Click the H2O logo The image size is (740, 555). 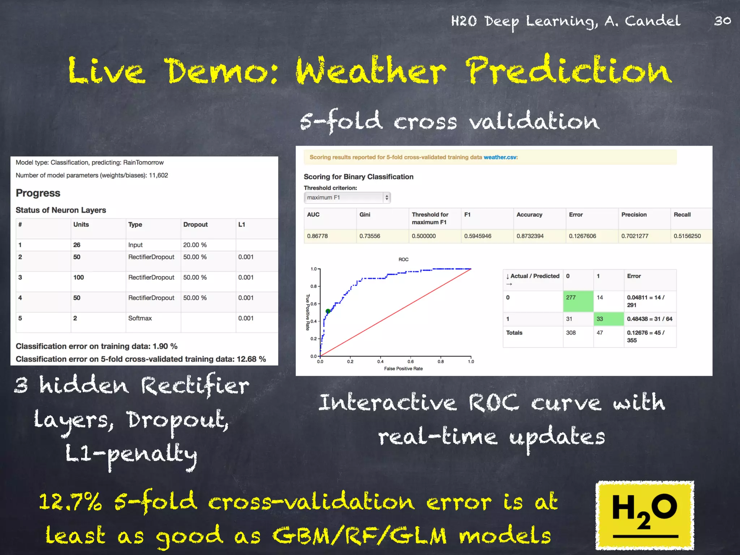coord(645,515)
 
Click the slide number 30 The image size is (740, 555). coord(723,21)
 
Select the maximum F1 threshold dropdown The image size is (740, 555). coord(347,198)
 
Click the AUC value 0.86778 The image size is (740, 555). coord(317,236)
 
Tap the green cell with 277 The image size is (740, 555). coord(578,301)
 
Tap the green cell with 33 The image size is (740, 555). coord(608,319)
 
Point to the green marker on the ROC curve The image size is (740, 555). coord(328,311)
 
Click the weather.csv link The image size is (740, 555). coord(500,157)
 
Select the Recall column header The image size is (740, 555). coord(682,215)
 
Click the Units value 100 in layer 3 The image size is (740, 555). coord(78,277)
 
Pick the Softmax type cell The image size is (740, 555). coord(140,318)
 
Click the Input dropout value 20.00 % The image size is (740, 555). coord(195,245)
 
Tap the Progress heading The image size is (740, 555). coord(38,193)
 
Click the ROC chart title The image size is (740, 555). coord(403,259)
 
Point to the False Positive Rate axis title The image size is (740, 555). coord(403,369)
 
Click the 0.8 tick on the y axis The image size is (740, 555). coord(313,287)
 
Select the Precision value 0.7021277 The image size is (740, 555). coord(634,236)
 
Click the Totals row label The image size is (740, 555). coord(514,333)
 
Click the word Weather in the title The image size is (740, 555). coord(370,70)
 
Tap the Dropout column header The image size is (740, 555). coord(195,224)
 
